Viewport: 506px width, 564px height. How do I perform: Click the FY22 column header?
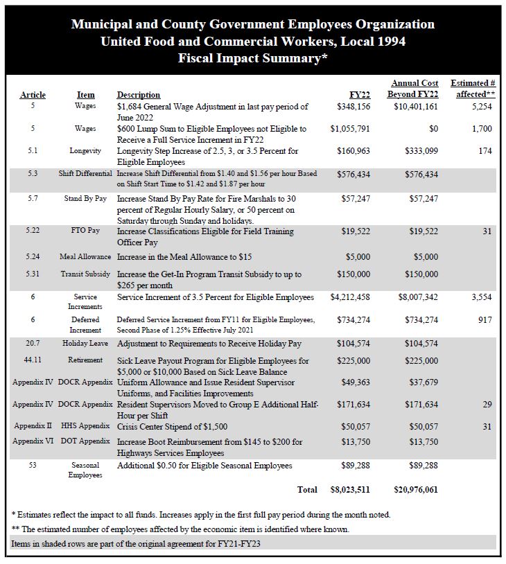coord(360,95)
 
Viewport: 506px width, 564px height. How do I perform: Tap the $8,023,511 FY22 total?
coord(350,489)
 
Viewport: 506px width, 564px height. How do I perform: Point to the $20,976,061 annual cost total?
coord(415,489)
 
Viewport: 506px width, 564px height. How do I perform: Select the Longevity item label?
coord(85,150)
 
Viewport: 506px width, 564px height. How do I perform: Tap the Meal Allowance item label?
coord(85,256)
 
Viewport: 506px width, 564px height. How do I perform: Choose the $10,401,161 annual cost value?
coord(416,107)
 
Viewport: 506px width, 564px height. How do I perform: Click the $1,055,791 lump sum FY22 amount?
coord(350,129)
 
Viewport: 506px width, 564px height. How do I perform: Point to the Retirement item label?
coord(85,360)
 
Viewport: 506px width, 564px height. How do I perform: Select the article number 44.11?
coord(33,360)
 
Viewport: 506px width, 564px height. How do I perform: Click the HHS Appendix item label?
coord(85,426)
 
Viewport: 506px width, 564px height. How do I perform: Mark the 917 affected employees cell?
coord(485,319)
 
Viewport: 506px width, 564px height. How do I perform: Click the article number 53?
coord(33,465)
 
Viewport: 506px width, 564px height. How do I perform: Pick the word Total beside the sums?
coord(307,489)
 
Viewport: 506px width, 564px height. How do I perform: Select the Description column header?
coord(139,95)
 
